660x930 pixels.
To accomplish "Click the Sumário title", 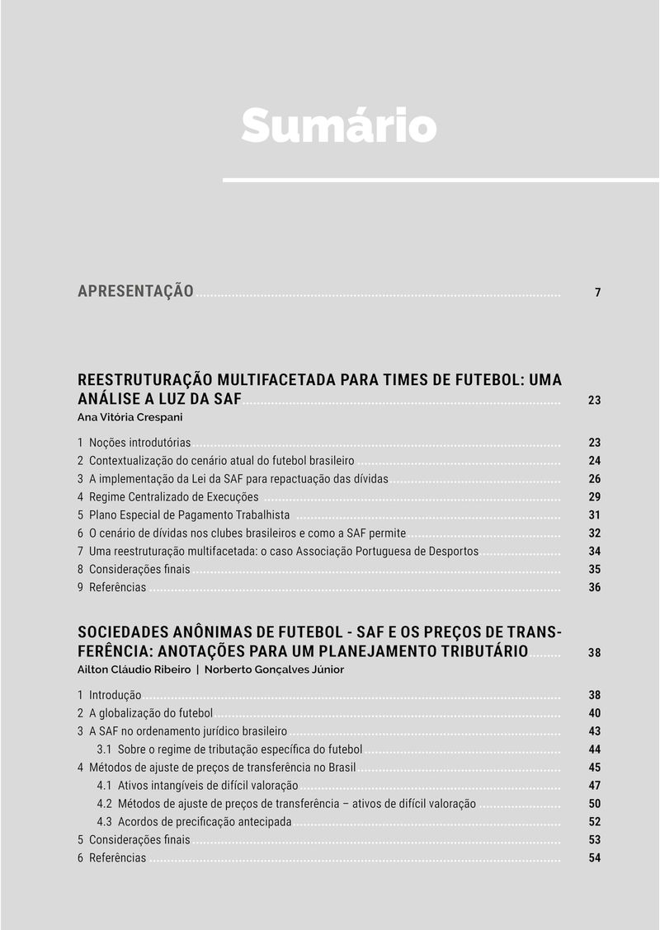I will [x=338, y=125].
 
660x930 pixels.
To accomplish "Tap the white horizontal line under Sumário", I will [x=441, y=180].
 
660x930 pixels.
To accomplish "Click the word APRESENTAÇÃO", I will [x=135, y=291].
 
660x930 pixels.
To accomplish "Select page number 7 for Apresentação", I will [x=597, y=293].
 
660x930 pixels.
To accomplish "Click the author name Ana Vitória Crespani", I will [x=130, y=417].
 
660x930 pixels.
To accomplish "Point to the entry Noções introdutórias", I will [x=139, y=443].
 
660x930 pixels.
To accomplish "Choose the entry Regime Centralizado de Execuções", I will [x=173, y=497].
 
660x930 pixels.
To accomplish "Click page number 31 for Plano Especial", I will [x=594, y=515].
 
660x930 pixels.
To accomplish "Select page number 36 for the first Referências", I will [x=594, y=588].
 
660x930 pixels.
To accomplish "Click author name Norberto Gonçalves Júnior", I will [x=274, y=669].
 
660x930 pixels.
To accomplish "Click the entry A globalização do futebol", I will [x=150, y=713].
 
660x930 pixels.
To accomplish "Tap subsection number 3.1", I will [x=104, y=749].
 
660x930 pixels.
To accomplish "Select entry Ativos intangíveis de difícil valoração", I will [x=207, y=786].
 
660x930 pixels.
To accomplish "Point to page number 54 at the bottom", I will [x=594, y=858].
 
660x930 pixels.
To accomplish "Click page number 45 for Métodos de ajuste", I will [x=594, y=768].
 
